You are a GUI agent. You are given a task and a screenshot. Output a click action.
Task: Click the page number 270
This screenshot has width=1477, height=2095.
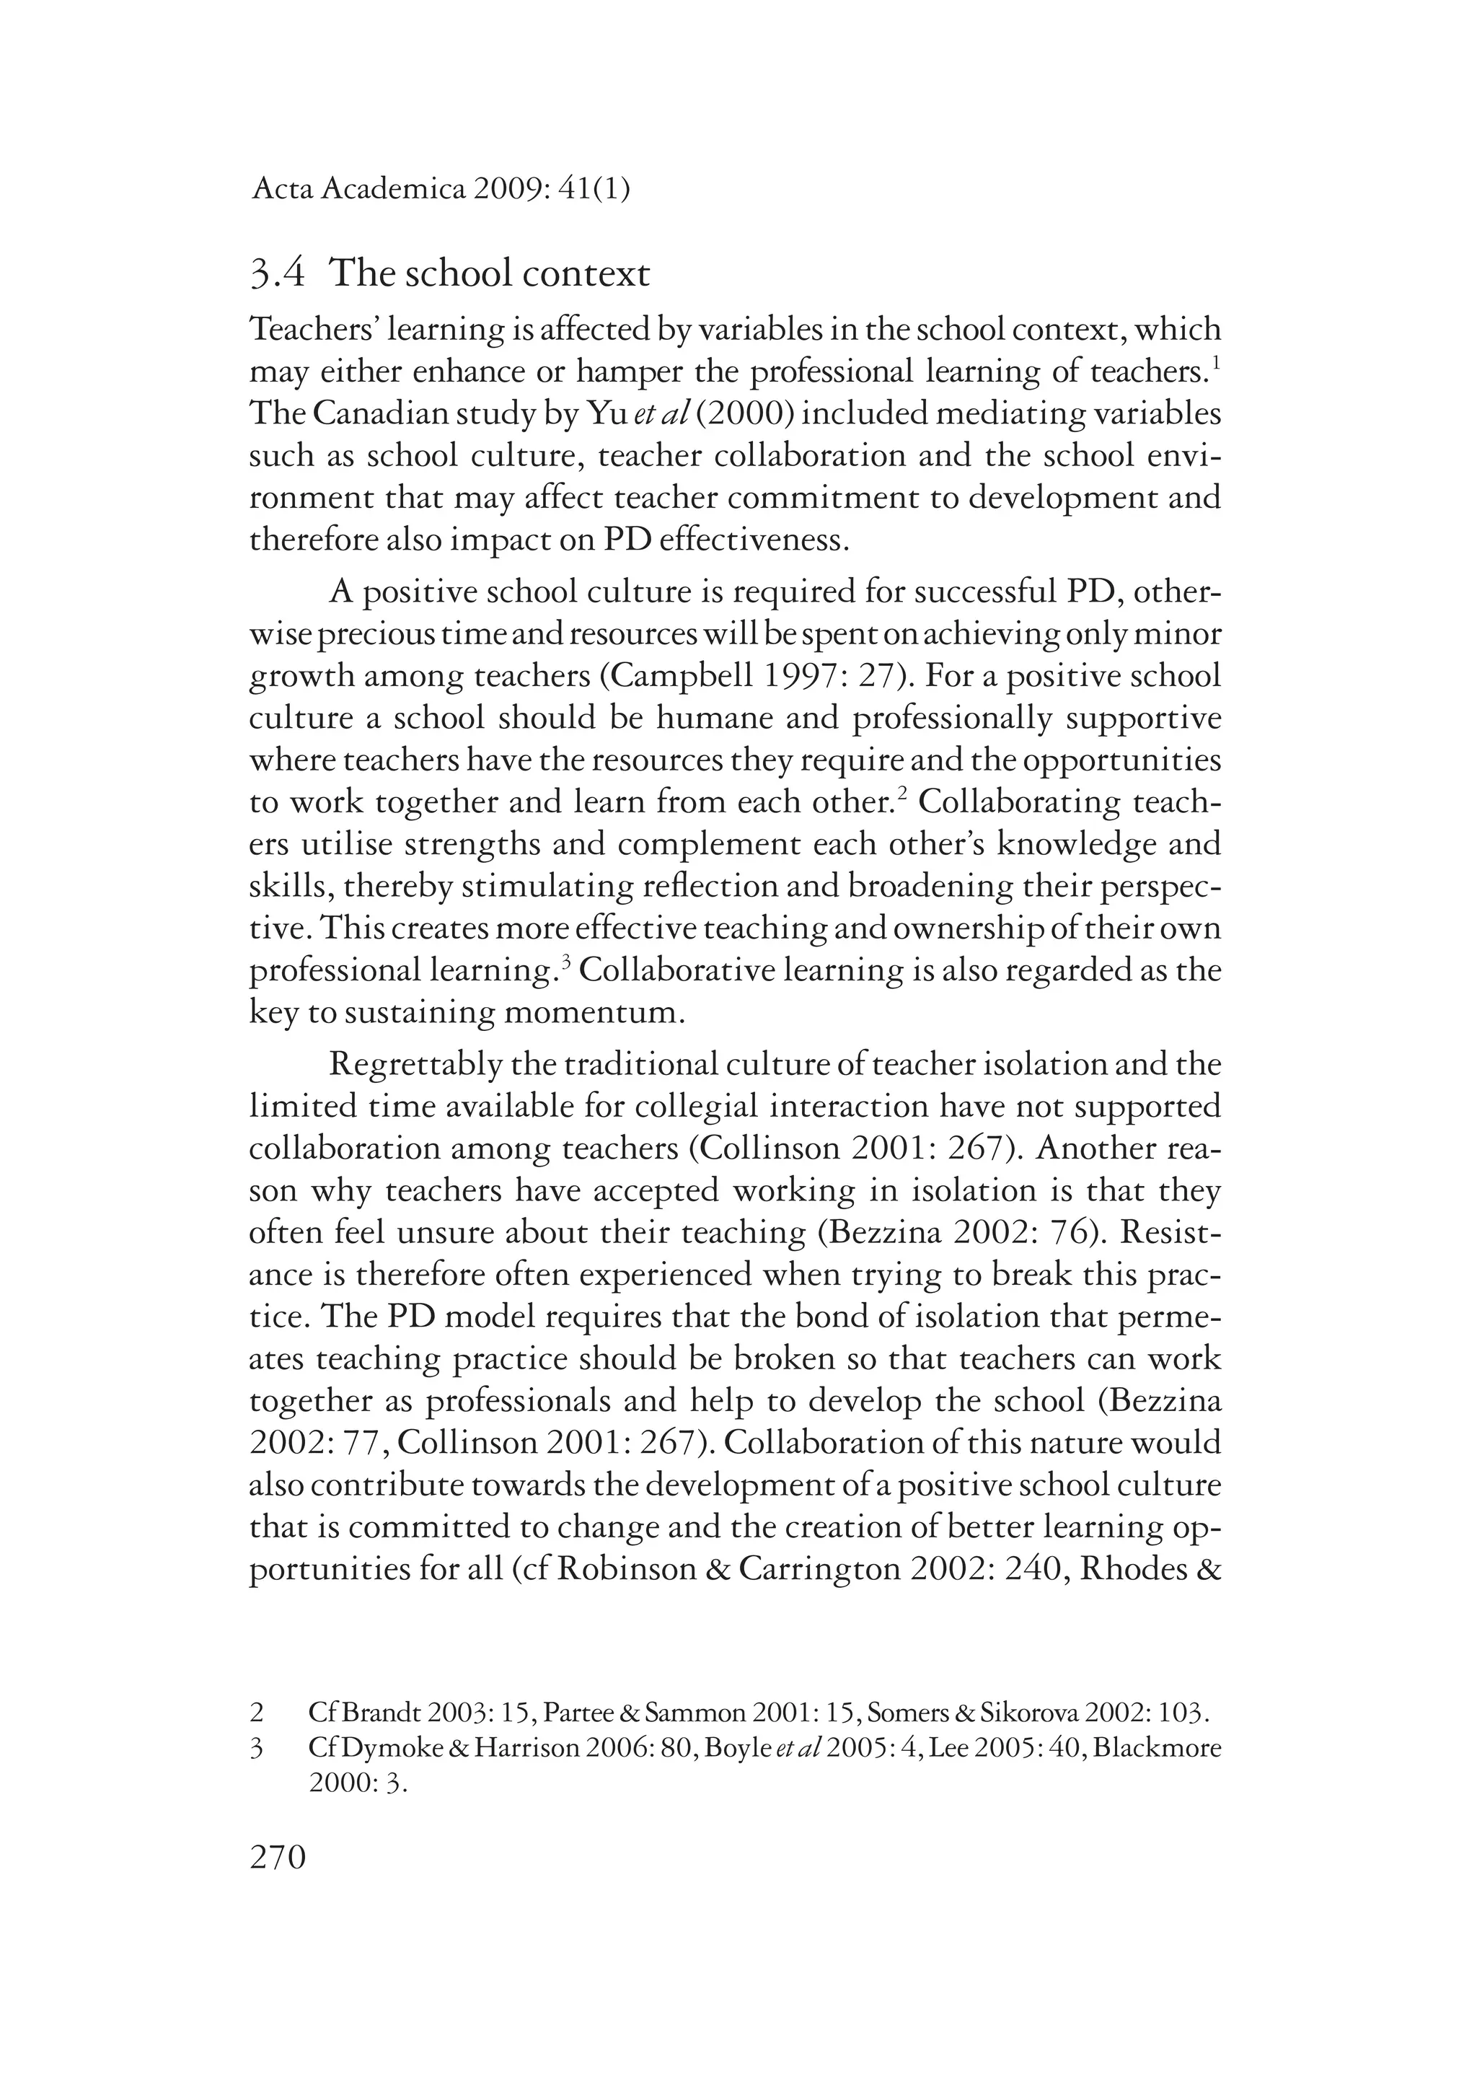pyautogui.click(x=278, y=1858)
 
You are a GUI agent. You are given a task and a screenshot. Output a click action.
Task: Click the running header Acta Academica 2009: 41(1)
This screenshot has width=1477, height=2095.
pyautogui.click(x=441, y=190)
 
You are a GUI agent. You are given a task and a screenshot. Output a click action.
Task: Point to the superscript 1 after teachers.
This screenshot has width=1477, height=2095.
pyautogui.click(x=1216, y=362)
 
